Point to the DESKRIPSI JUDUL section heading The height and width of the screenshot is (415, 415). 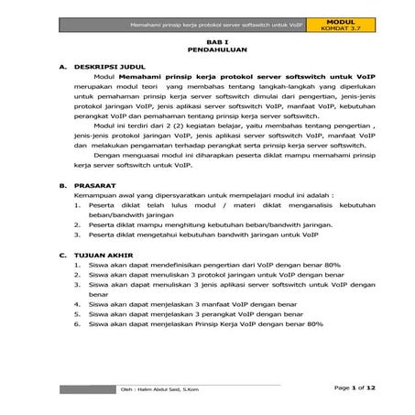(x=109, y=67)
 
